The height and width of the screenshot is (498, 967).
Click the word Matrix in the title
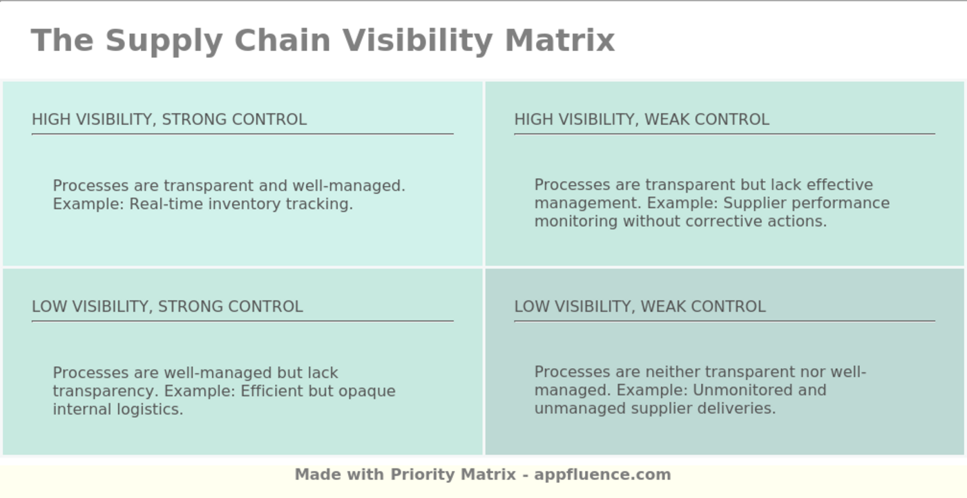559,40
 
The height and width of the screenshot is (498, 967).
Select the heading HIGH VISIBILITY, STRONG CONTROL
169,119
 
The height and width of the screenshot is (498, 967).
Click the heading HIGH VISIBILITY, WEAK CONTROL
642,119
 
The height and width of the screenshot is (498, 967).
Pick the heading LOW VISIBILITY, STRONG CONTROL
167,307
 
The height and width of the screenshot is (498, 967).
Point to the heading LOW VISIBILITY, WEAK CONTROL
640,307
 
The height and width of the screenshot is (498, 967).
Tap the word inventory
245,204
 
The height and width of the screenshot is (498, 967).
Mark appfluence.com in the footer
602,475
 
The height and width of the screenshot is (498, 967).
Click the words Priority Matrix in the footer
453,475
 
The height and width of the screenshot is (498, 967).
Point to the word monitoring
576,222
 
